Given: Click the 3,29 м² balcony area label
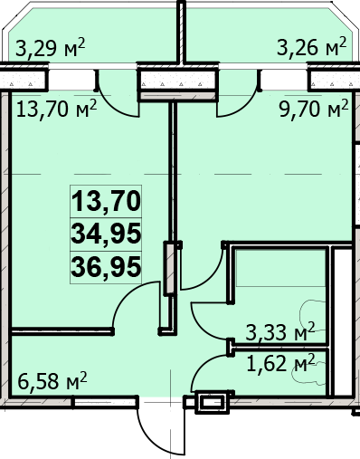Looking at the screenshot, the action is (51, 48).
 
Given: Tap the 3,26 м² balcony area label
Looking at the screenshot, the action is (312, 46).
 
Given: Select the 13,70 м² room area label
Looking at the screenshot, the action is (56, 109).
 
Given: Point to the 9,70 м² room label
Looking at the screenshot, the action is (314, 109).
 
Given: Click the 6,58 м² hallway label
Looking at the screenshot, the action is (52, 380).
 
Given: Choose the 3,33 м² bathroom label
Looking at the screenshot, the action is (280, 331).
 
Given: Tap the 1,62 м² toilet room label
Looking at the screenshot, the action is (281, 363).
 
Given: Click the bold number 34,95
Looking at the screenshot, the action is (106, 234).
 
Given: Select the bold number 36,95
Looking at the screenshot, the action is (106, 267).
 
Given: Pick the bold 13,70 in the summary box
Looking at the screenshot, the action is (106, 201).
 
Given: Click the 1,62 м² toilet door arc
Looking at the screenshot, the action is (203, 367).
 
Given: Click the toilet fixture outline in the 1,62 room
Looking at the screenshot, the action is (309, 374).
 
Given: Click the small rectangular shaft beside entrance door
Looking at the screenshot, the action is (213, 402).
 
